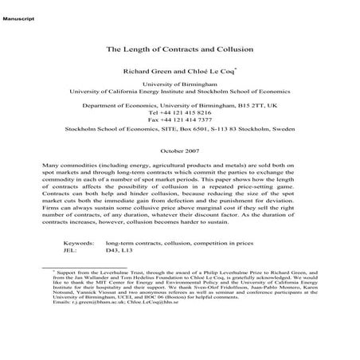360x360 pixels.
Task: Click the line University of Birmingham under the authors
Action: tap(179, 83)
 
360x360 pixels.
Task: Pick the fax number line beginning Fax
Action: tap(179, 120)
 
